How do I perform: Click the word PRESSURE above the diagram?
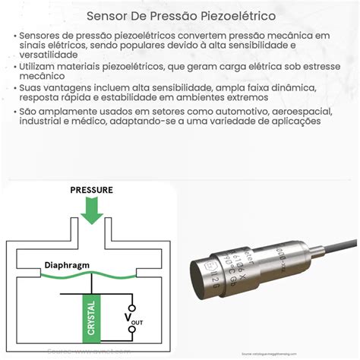91,189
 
